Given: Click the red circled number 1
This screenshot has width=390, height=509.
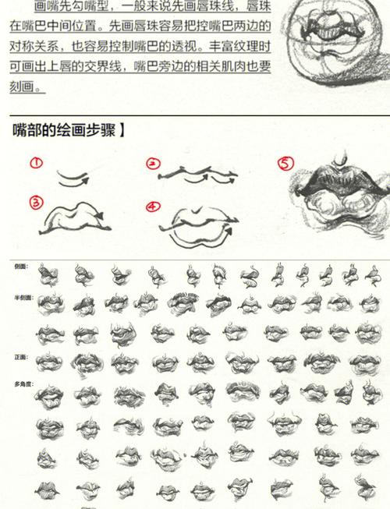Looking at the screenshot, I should click(36, 163).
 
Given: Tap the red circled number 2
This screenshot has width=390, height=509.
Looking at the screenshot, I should click(153, 164).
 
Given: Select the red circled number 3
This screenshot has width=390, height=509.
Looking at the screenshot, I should click(36, 203).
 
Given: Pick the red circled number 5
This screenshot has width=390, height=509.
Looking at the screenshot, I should click(286, 164).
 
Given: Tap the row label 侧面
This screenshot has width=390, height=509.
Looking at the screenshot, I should click(20, 267).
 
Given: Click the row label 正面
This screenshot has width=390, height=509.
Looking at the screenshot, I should click(20, 355).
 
